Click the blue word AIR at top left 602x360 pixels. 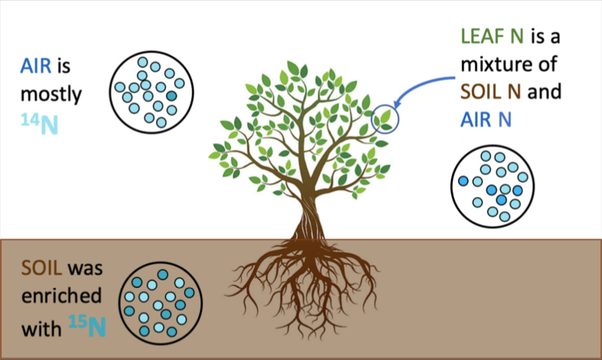tap(35, 66)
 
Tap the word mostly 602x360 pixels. tap(51, 95)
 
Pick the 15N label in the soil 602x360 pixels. tap(86, 325)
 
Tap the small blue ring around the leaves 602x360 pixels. tap(385, 118)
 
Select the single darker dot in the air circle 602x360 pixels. tap(171, 96)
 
